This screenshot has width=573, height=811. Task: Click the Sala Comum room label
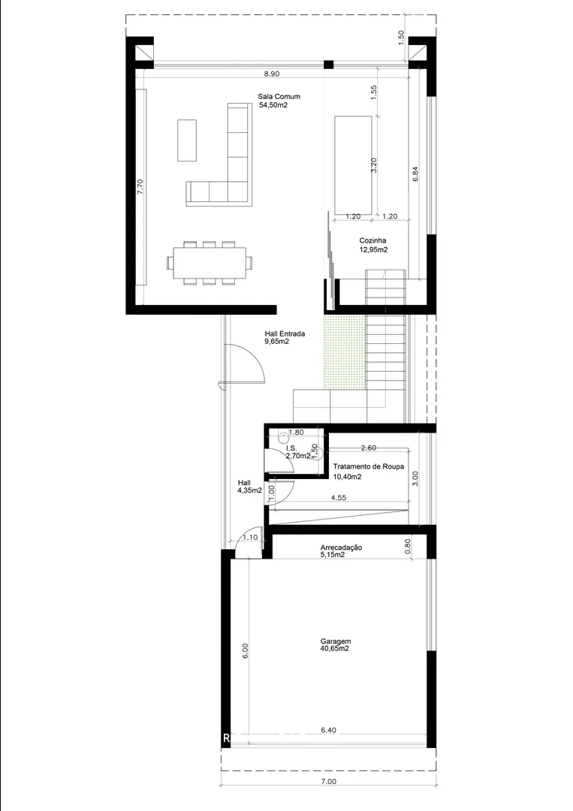279,97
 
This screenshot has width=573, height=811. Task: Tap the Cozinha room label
373,240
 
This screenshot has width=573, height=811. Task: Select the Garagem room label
336,641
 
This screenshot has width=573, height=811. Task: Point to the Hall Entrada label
285,334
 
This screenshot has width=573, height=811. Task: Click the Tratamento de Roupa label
369,466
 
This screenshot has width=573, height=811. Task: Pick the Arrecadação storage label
341,547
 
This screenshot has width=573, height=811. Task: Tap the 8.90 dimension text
272,74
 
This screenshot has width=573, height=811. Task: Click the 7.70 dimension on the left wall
140,187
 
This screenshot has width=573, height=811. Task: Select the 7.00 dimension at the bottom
328,782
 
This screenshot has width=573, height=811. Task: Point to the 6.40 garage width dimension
328,731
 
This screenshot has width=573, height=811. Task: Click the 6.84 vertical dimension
415,173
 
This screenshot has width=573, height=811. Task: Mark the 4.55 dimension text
338,498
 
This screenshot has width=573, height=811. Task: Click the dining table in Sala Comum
210,263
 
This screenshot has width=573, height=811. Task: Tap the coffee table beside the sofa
187,140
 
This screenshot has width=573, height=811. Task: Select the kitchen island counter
353,165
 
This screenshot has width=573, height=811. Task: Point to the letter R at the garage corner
226,739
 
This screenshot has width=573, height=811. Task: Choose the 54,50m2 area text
273,105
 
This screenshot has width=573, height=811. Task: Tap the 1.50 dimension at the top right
401,38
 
